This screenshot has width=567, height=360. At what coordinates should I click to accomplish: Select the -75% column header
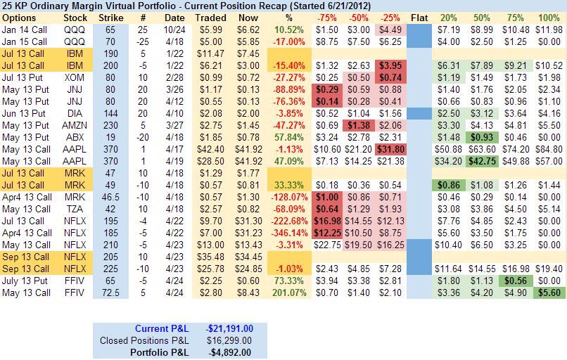pos(326,18)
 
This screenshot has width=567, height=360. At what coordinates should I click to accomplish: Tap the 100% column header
pos(549,18)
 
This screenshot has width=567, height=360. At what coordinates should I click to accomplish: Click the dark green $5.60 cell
pos(549,292)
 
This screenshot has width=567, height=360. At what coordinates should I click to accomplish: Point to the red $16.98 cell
pos(326,220)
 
